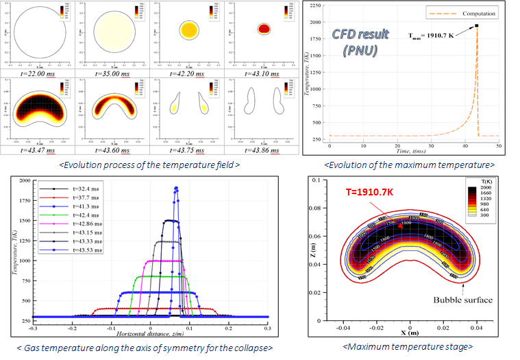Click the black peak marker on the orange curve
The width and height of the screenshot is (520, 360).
[x=476, y=26]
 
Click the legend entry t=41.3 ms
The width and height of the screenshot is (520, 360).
[x=69, y=205]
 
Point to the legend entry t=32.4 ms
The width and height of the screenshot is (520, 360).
[x=69, y=187]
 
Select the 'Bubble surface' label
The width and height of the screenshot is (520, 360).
[x=462, y=300]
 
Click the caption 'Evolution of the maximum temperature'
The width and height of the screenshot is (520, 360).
[x=409, y=165]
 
